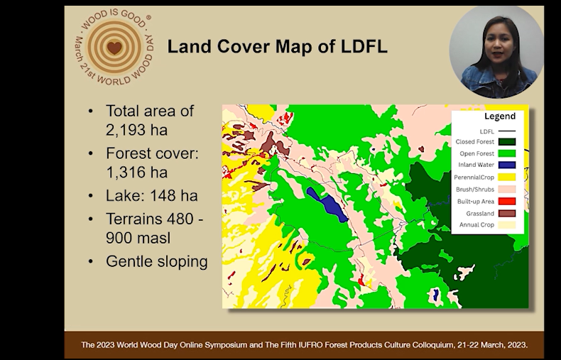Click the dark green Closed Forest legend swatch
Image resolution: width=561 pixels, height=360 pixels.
click(x=507, y=142)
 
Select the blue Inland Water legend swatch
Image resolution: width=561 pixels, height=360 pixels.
click(x=507, y=165)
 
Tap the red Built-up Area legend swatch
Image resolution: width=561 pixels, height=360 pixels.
click(x=507, y=202)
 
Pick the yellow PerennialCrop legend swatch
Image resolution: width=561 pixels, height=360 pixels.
click(x=507, y=177)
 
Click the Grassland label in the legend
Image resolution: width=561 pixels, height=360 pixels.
click(x=480, y=214)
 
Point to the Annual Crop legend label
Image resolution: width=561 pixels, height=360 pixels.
click(x=476, y=224)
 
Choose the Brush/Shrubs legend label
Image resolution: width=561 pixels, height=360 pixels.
click(x=475, y=190)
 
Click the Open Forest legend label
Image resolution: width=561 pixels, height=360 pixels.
click(x=477, y=153)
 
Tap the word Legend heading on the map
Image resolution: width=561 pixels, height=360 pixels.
click(x=500, y=116)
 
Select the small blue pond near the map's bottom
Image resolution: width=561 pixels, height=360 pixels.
click(x=435, y=295)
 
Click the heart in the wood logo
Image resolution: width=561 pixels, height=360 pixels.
click(x=114, y=48)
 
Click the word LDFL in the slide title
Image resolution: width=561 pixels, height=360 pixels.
click(x=364, y=47)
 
